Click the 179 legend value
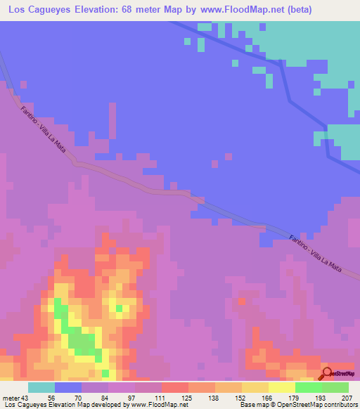295,397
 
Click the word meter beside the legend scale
11,397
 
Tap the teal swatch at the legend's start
41,387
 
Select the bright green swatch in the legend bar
309,387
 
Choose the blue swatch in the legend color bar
68,387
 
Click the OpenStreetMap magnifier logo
326,372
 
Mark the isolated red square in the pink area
242,301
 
